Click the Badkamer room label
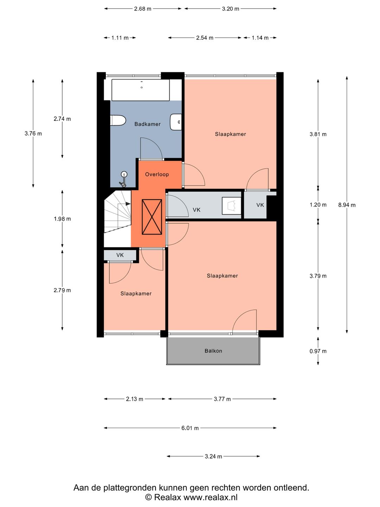point(147,124)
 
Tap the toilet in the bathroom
point(118,120)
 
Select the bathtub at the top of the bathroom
point(140,90)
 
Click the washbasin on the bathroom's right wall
point(176,122)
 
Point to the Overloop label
point(157,174)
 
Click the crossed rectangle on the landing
point(152,217)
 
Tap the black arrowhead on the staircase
point(128,204)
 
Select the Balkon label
point(213,351)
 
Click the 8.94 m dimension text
point(347,205)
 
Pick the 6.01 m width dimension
point(190,428)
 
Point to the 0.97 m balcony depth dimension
point(318,351)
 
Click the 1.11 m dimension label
point(120,38)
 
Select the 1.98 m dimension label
point(62,219)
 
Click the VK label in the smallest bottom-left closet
point(120,255)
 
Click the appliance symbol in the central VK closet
point(232,205)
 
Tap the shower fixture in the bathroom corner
point(123,179)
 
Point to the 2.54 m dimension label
point(205,38)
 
